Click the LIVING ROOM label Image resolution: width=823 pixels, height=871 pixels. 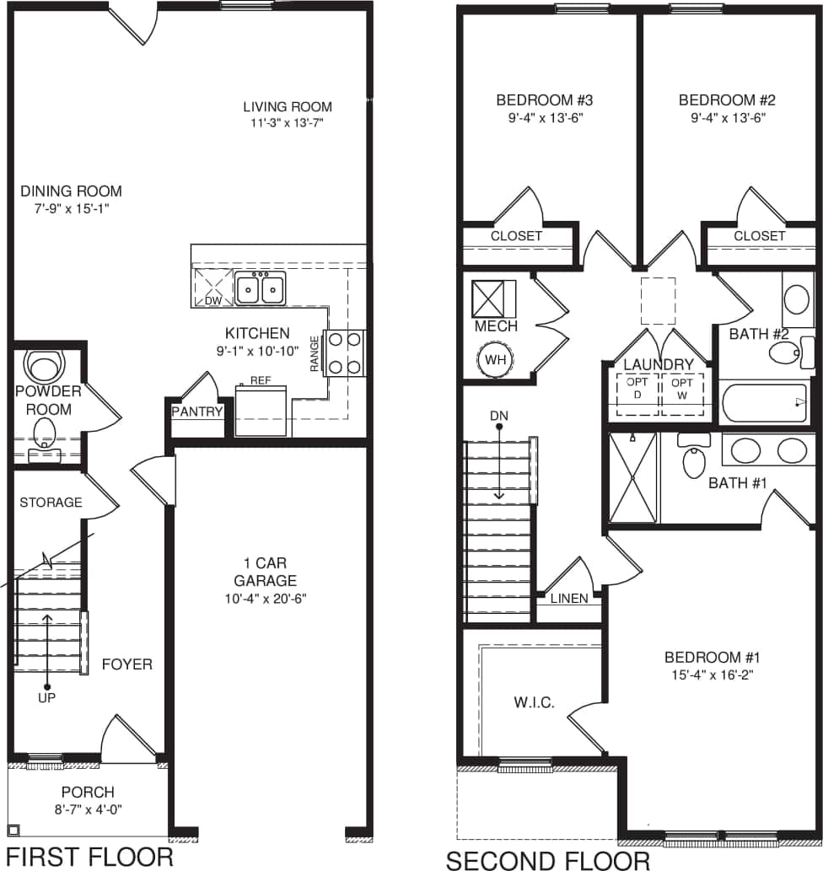coord(288,107)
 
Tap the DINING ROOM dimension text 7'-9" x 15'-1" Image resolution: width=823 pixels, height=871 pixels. coord(71,207)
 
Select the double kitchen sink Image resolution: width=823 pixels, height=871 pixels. coord(260,288)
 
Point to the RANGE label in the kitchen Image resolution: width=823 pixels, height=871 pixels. coord(315,353)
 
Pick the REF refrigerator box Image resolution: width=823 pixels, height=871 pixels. coord(261,411)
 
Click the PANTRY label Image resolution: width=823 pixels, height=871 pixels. coord(197,412)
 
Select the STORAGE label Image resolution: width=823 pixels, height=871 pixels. coord(51,503)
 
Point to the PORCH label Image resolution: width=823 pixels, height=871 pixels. coord(88,793)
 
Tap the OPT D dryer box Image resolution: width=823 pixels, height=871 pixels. coord(637,394)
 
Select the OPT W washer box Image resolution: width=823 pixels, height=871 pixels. coord(682,394)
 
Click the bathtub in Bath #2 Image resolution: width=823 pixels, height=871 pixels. coord(765,403)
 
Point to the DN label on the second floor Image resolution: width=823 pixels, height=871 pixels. coord(499,417)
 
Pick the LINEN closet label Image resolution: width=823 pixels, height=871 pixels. coord(569,599)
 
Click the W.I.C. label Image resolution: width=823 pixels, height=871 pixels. coord(534,702)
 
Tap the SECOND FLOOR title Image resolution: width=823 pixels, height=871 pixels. coord(547,860)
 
